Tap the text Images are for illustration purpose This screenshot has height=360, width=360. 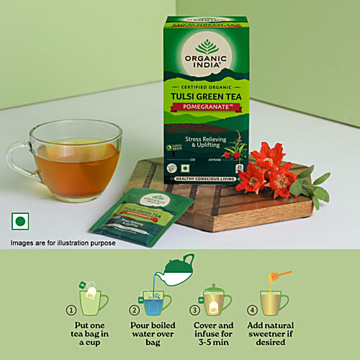pos(63,243)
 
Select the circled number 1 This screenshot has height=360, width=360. pos(71,310)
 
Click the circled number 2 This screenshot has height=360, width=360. pos(133,310)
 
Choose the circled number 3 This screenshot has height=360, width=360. pos(195,310)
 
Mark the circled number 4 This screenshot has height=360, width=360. pos(252,310)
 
